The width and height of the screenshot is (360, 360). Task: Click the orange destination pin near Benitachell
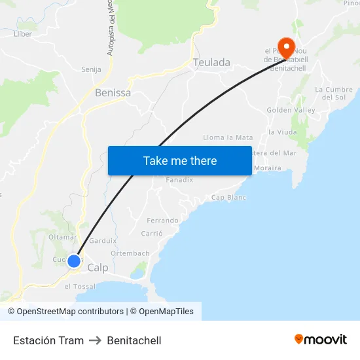(286, 46)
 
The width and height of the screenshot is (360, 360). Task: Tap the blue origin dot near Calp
(74, 261)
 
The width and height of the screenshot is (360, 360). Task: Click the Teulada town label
(211, 62)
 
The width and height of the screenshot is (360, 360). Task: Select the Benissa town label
(113, 93)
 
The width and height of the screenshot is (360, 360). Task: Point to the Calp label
(98, 268)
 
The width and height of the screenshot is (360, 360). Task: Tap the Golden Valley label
(291, 110)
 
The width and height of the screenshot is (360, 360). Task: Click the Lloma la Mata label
(228, 137)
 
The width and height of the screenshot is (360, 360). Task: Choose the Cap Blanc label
(228, 198)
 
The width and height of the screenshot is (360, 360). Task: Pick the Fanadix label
(179, 180)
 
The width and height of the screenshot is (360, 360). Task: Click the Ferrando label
(163, 221)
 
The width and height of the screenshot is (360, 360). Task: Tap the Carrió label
(152, 234)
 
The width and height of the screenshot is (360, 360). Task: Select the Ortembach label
(130, 253)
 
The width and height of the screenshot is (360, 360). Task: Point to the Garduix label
(103, 240)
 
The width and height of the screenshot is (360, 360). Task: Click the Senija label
(90, 69)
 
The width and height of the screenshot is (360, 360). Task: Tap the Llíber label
(23, 33)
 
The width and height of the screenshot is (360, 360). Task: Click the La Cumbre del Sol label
(334, 93)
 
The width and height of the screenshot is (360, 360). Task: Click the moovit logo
(321, 340)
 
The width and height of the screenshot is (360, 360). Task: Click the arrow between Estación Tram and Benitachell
(95, 340)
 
